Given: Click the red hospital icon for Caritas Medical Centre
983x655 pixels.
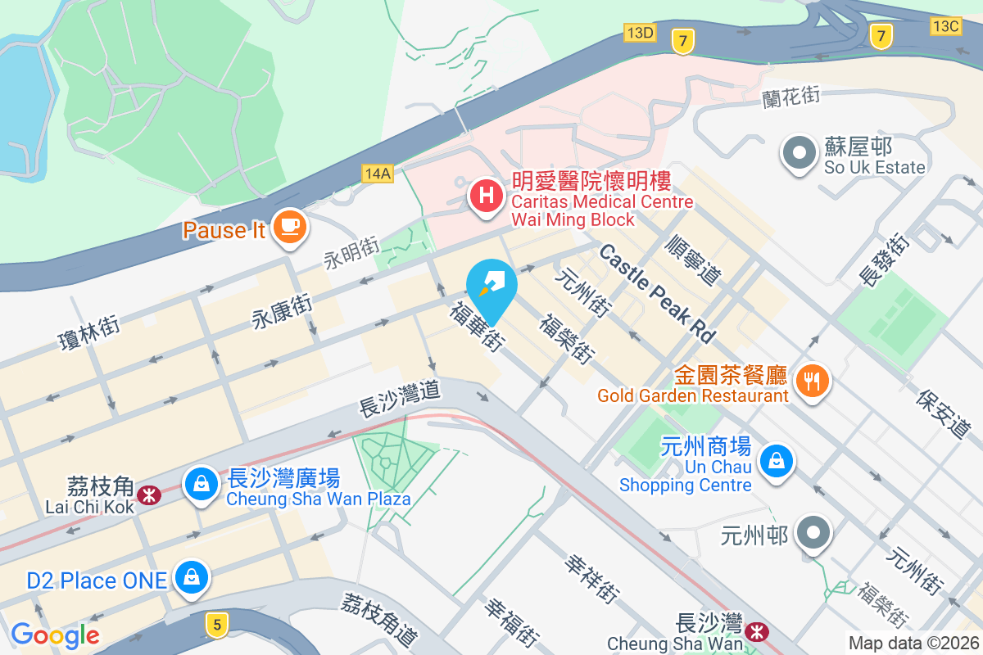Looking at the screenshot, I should pos(487,197).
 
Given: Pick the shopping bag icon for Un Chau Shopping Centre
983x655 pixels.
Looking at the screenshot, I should pos(775,461).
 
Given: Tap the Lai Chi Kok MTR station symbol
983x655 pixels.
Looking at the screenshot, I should pos(149,495).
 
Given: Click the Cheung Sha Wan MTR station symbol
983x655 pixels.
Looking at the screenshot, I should pos(756,630).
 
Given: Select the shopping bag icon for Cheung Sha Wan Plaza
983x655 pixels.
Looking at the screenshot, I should pos(201,484).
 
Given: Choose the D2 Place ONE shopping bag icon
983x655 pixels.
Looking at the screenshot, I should pos(192,577).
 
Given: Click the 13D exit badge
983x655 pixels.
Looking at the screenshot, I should pos(639,33).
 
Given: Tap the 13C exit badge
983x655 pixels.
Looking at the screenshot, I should pos(945,26).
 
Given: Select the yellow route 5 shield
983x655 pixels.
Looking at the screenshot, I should pos(216,625).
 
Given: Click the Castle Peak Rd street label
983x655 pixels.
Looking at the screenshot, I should pos(658,293).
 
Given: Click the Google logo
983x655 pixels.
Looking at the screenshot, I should pos(55,635).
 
